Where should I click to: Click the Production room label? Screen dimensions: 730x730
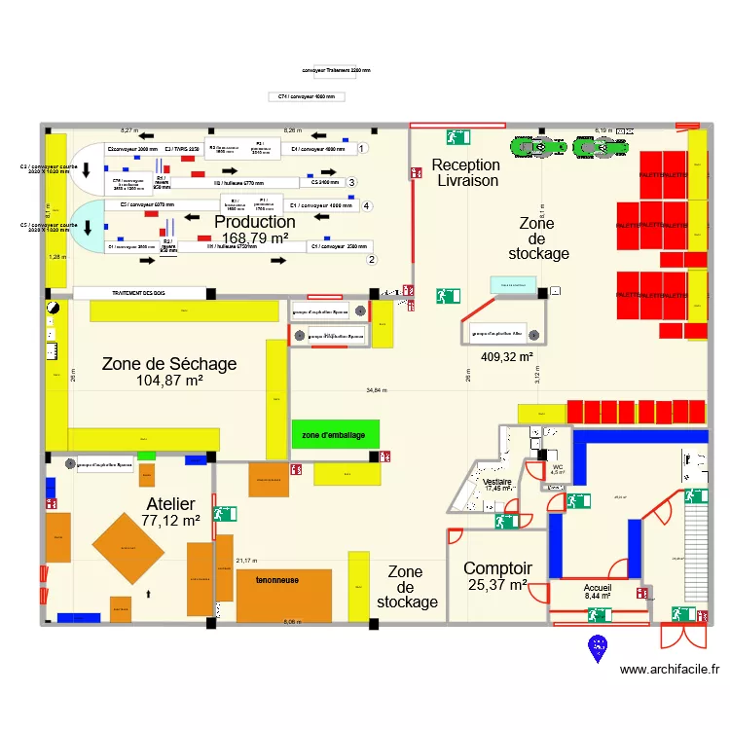coord(255,222)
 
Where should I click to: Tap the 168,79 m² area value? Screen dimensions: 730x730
coord(255,237)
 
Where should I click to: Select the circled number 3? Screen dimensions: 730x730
coord(351,182)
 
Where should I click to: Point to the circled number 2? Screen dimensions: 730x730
coord(370,259)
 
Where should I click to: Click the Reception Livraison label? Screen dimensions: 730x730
coord(466,173)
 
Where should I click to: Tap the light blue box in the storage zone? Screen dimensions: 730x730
coord(513,283)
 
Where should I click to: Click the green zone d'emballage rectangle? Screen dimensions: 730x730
coord(334,434)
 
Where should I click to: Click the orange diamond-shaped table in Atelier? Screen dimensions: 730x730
coord(128,548)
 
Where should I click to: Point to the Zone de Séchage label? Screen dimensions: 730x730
coord(168,364)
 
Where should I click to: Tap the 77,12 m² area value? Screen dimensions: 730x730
coord(170,521)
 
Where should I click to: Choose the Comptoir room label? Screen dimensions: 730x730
coord(497,568)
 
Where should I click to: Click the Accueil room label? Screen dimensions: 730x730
coord(598,588)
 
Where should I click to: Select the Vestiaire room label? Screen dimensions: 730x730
coord(497,481)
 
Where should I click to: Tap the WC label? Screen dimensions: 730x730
coord(558,467)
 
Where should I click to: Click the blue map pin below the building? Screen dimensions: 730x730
coord(597,646)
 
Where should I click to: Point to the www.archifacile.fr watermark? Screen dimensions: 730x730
coord(669,670)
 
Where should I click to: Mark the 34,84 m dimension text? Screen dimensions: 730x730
coord(377,390)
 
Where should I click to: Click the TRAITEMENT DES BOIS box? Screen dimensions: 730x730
coord(140,292)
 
